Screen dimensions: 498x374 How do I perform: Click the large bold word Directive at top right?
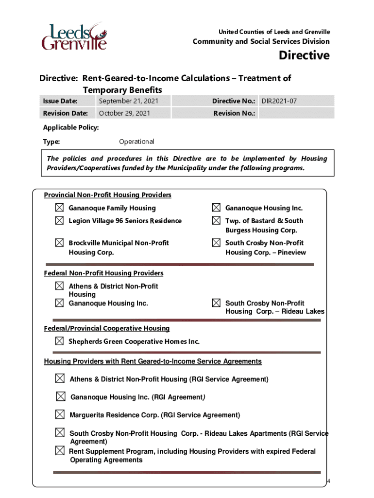(304, 55)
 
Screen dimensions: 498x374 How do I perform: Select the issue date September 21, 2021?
(128, 101)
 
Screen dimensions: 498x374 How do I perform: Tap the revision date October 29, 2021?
(124, 113)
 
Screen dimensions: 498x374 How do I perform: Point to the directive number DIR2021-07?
(279, 101)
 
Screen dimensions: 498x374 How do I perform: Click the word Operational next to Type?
(136, 142)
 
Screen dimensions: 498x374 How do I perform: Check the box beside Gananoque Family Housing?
(59, 208)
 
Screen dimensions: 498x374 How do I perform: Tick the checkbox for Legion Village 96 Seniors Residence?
(59, 221)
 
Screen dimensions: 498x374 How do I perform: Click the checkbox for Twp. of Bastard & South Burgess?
(216, 221)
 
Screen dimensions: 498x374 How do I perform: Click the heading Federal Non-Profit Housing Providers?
(103, 273)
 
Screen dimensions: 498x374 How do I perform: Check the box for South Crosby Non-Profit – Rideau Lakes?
(216, 303)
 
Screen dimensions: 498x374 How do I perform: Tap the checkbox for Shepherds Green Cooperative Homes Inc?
(59, 341)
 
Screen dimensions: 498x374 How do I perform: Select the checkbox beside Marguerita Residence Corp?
(60, 414)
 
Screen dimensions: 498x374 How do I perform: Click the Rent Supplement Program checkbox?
(60, 451)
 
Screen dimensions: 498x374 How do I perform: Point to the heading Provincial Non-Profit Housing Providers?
(107, 195)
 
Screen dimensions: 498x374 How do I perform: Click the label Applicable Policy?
(71, 127)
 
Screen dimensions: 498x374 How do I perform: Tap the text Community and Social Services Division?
(261, 42)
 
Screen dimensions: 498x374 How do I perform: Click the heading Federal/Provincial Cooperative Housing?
(107, 329)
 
